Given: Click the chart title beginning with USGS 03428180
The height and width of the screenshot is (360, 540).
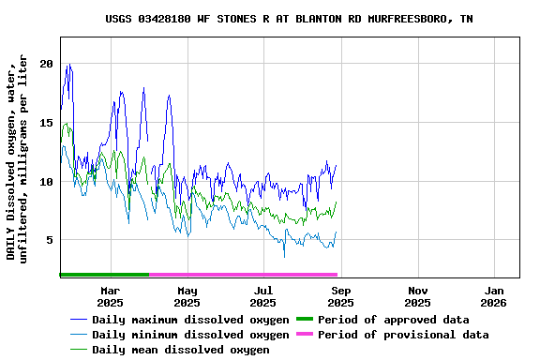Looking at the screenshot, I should [289, 19].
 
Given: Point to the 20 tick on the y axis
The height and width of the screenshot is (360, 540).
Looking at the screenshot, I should [46, 64].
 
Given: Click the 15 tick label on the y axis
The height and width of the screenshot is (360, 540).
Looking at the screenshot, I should [46, 123].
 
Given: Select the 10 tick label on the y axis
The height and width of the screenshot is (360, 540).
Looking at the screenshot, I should [46, 181].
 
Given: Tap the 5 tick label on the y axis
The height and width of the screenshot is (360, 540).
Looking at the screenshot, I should [49, 240].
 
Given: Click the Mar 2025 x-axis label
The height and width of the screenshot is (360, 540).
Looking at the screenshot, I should [110, 296].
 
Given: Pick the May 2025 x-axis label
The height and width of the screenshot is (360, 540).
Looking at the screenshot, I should [187, 296].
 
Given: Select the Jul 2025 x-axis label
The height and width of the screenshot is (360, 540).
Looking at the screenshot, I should [263, 296].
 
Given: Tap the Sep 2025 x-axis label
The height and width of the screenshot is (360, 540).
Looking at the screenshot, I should [340, 296].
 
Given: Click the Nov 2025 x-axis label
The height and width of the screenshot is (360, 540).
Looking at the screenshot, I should [417, 296].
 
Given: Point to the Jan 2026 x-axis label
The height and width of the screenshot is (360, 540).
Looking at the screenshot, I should [493, 296].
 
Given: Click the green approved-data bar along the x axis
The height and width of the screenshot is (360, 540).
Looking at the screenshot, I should [104, 275].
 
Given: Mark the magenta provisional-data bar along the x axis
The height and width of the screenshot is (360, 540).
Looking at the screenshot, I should [243, 275].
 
